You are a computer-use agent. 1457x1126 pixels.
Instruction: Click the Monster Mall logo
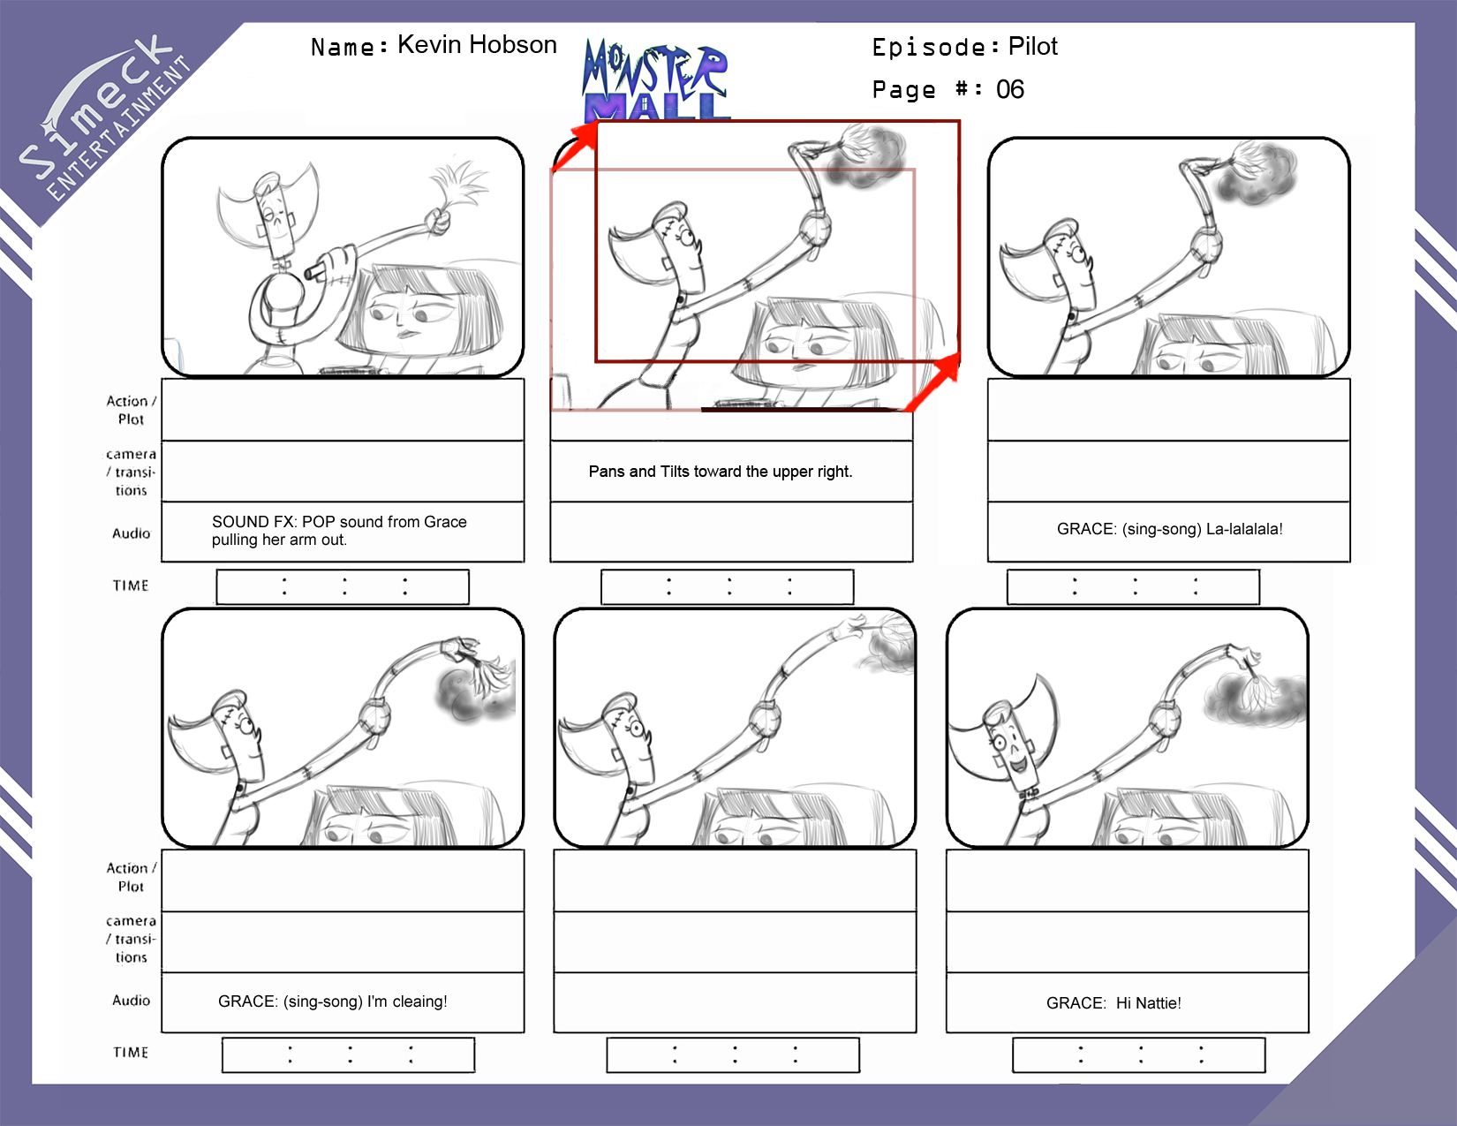(655, 79)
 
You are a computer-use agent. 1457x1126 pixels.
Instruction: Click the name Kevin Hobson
(477, 45)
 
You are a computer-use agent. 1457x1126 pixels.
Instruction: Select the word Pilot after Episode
(1032, 46)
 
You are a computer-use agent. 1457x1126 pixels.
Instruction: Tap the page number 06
(1010, 89)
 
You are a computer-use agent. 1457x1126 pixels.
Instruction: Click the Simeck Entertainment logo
(104, 117)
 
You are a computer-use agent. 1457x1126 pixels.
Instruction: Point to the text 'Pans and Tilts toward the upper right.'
(721, 472)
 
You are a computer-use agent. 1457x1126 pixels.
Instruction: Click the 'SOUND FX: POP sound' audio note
(339, 531)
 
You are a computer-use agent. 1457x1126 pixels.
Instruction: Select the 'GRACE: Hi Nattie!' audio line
(1113, 1002)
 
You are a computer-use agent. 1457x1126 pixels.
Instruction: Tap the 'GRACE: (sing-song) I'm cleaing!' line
(332, 1001)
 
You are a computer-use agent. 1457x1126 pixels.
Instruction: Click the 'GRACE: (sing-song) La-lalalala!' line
(1169, 528)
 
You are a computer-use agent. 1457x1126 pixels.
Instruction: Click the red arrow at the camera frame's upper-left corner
(575, 147)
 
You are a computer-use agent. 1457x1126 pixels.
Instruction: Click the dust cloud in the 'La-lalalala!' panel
(1256, 173)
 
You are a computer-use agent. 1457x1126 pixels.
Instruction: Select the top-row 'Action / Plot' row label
(131, 410)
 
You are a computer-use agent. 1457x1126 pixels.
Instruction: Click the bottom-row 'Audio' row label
(131, 1000)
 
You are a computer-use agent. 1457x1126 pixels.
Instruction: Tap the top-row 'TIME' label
(131, 586)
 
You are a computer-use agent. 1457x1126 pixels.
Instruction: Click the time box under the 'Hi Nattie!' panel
(1138, 1055)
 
